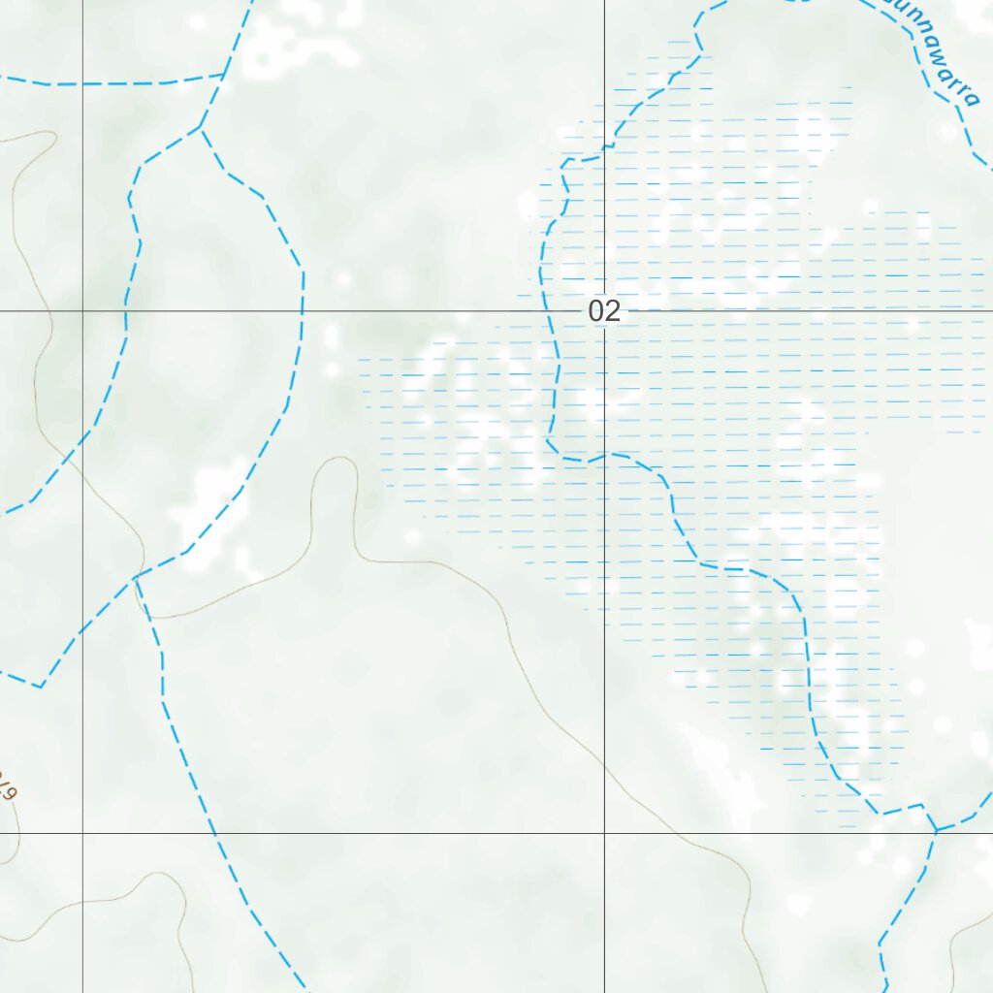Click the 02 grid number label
pyautogui.click(x=603, y=311)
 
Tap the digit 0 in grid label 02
pyautogui.click(x=596, y=311)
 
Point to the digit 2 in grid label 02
pyautogui.click(x=611, y=311)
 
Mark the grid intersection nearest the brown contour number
pyautogui.click(x=82, y=832)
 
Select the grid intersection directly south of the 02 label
pyautogui.click(x=604, y=832)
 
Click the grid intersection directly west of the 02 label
pyautogui.click(x=82, y=311)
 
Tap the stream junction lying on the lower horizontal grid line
pyautogui.click(x=936, y=832)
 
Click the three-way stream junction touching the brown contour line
pyautogui.click(x=135, y=578)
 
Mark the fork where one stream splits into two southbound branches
pyautogui.click(x=201, y=127)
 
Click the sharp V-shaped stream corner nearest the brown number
pyautogui.click(x=40, y=687)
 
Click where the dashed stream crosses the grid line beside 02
pyautogui.click(x=556, y=311)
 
